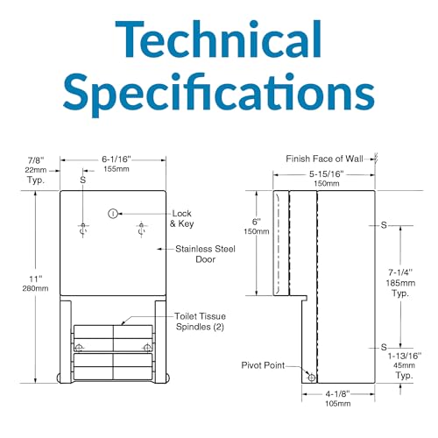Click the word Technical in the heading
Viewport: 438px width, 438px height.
pyautogui.click(x=218, y=39)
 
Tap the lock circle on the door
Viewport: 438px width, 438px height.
pyautogui.click(x=113, y=214)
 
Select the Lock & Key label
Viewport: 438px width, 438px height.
pyautogui.click(x=181, y=218)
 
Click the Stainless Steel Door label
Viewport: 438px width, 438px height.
pyautogui.click(x=205, y=254)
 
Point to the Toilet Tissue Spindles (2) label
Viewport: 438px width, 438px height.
pyautogui.click(x=201, y=321)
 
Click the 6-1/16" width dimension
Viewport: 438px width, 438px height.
pyautogui.click(x=117, y=159)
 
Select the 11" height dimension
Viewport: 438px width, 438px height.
pyautogui.click(x=36, y=279)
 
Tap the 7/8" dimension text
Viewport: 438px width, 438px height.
pyautogui.click(x=36, y=160)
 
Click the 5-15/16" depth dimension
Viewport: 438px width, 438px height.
pyautogui.click(x=327, y=174)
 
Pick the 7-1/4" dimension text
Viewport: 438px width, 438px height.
pyautogui.click(x=400, y=272)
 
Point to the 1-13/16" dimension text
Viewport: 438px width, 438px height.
pyautogui.click(x=405, y=356)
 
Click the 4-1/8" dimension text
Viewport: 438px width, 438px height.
pyautogui.click(x=337, y=394)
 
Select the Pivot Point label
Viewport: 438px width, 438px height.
pyautogui.click(x=263, y=365)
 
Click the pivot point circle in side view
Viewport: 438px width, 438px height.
pyautogui.click(x=312, y=378)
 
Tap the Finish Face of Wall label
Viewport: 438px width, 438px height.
pyautogui.click(x=324, y=159)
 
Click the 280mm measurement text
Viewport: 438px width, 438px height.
pyautogui.click(x=36, y=288)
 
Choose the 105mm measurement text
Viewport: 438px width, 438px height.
pyautogui.click(x=338, y=404)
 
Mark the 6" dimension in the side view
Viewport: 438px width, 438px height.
pyautogui.click(x=256, y=222)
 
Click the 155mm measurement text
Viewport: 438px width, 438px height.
pyautogui.click(x=117, y=169)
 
